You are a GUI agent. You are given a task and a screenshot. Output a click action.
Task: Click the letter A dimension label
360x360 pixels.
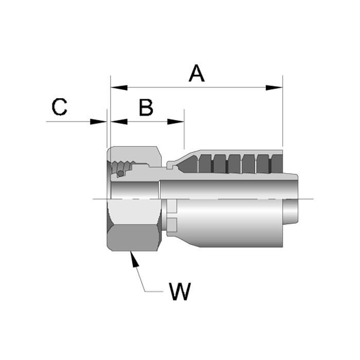pos(196,73)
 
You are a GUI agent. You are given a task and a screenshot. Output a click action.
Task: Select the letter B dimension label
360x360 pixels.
pos(146,107)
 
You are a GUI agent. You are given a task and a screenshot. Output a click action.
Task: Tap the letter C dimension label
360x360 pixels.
pos(60,107)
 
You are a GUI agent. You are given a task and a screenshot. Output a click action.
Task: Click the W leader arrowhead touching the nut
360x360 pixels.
pos(135,259)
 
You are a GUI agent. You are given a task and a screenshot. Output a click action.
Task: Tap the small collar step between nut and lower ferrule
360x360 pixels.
pos(171,216)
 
